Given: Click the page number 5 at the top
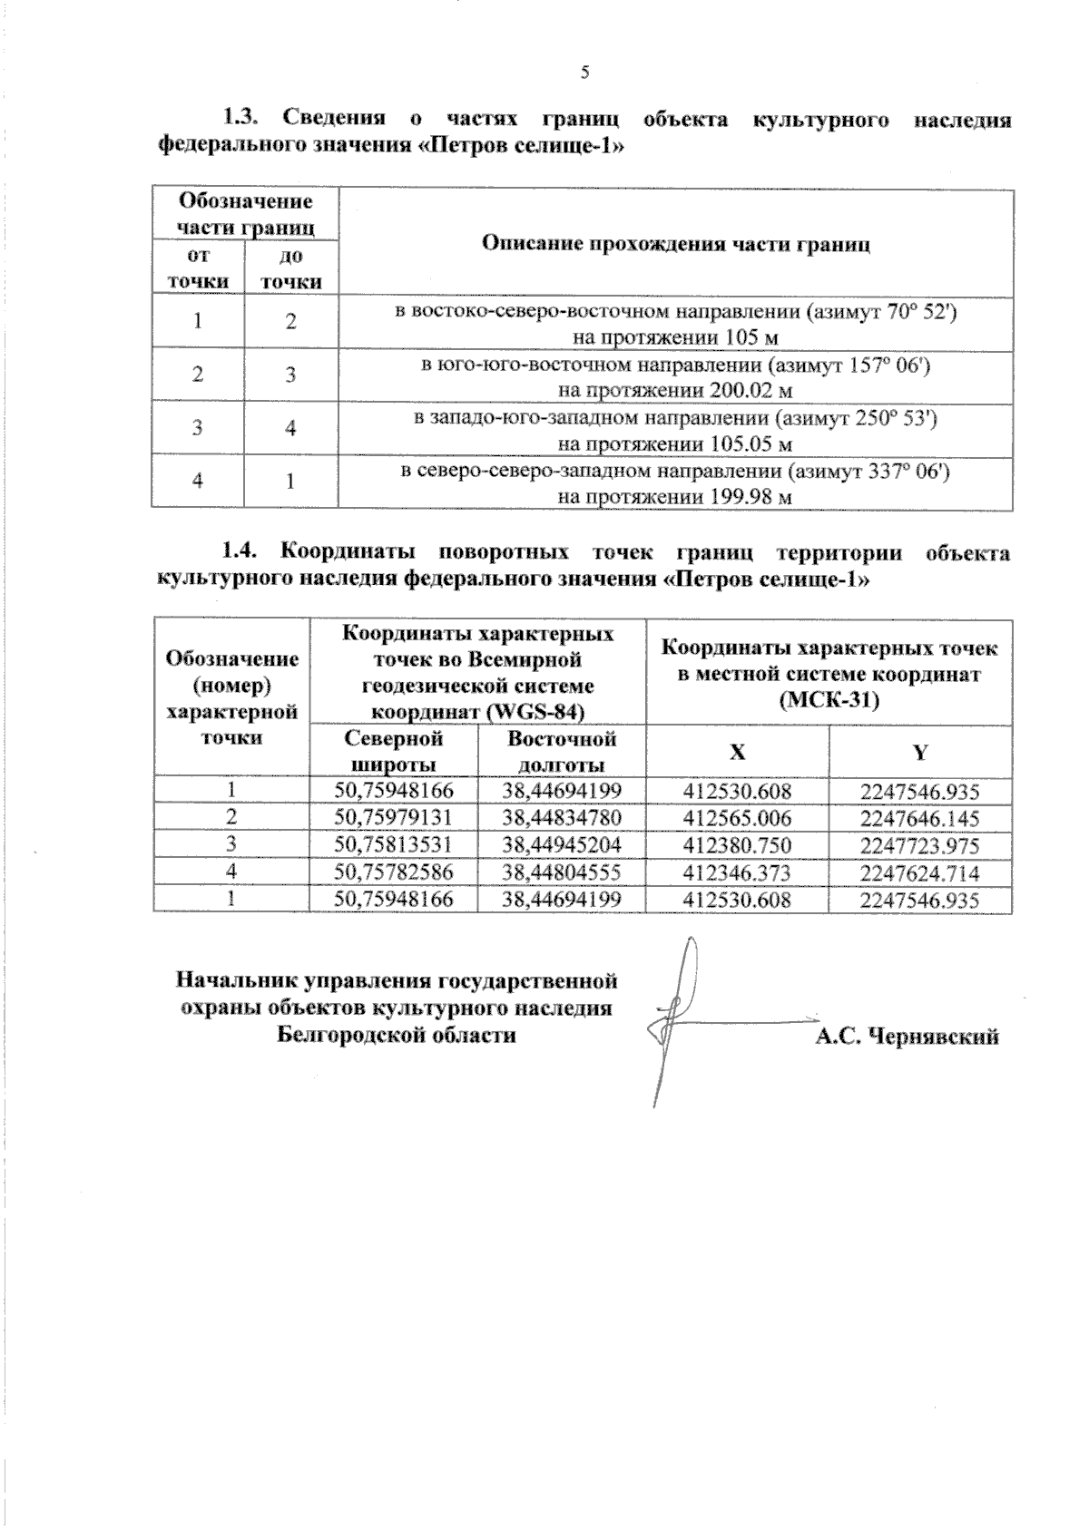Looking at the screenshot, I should coord(584,73).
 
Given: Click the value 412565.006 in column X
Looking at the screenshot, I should coord(737,818).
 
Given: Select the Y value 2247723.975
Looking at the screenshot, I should coord(919,845).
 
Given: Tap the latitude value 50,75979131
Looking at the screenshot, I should coord(393,818).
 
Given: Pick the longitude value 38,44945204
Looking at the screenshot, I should coord(561,845).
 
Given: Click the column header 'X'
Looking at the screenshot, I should coord(737,752).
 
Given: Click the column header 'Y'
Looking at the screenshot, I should coord(919,752).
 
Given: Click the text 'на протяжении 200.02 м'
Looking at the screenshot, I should coord(675,391).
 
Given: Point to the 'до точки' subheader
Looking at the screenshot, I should coord(290,269).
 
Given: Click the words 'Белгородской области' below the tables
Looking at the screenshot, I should coord(396,1035).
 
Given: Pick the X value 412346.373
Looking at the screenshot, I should coord(737,872).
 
